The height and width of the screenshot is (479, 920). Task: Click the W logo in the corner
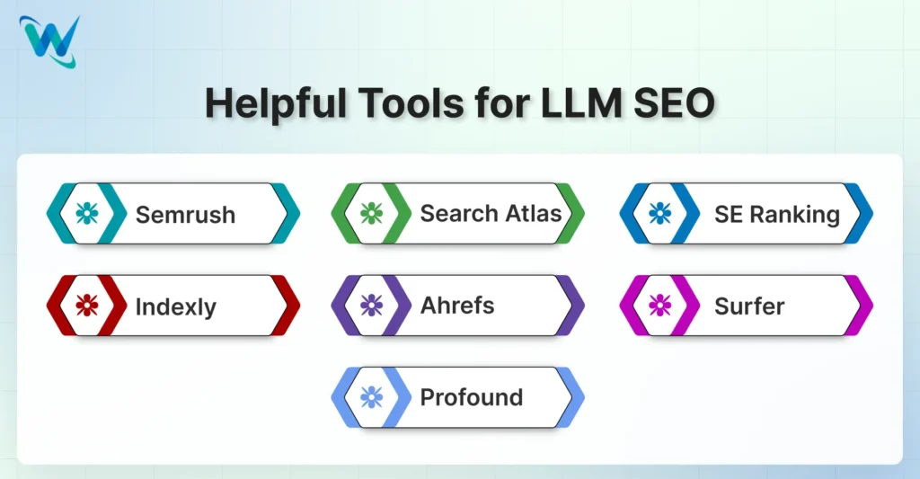pos(49,41)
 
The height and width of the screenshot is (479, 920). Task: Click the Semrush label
pos(185,215)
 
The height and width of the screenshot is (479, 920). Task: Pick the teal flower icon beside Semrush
pos(87,213)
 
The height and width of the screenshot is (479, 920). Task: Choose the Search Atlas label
pos(491,214)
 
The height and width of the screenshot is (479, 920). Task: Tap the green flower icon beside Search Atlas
pos(371,213)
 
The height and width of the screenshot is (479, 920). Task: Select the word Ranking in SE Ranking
pos(792,215)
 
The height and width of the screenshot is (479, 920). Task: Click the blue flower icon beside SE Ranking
pos(660,213)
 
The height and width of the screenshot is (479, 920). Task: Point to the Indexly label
pos(176,306)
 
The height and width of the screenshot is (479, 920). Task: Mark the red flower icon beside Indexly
pos(87,305)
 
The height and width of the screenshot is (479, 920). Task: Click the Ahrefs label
pos(457,305)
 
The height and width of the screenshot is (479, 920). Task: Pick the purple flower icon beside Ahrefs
pos(371,305)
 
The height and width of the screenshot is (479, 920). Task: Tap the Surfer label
pos(749,306)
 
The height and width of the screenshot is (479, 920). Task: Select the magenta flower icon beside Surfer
pos(660,305)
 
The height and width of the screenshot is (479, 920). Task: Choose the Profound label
pos(472,396)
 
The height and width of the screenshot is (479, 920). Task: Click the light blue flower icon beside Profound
pos(371,396)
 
